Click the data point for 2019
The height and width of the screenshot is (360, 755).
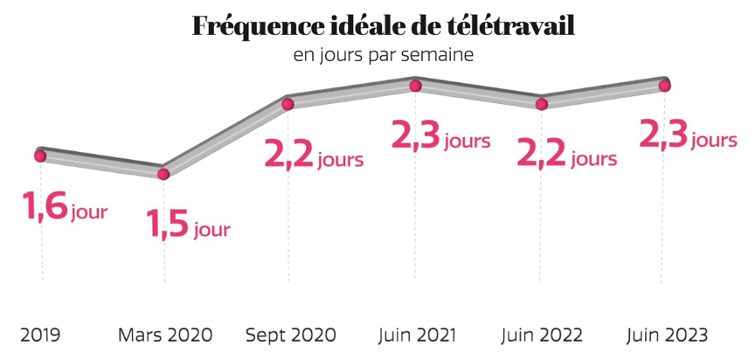[40, 156]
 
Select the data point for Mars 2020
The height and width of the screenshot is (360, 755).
[163, 174]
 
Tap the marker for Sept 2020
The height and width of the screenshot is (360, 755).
[287, 104]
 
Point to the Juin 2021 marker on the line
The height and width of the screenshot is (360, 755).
[416, 86]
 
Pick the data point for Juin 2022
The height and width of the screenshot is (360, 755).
[542, 104]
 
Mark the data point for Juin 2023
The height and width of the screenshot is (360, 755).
[665, 86]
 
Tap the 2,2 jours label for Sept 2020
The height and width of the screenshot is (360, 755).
[314, 157]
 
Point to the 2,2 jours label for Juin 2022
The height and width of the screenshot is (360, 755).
[567, 157]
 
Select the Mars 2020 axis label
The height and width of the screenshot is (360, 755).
[165, 336]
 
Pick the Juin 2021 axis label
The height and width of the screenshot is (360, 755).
[416, 336]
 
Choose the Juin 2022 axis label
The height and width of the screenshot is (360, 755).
[541, 336]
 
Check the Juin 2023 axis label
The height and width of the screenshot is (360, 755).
[667, 336]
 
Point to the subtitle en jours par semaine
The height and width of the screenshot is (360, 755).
[384, 56]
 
